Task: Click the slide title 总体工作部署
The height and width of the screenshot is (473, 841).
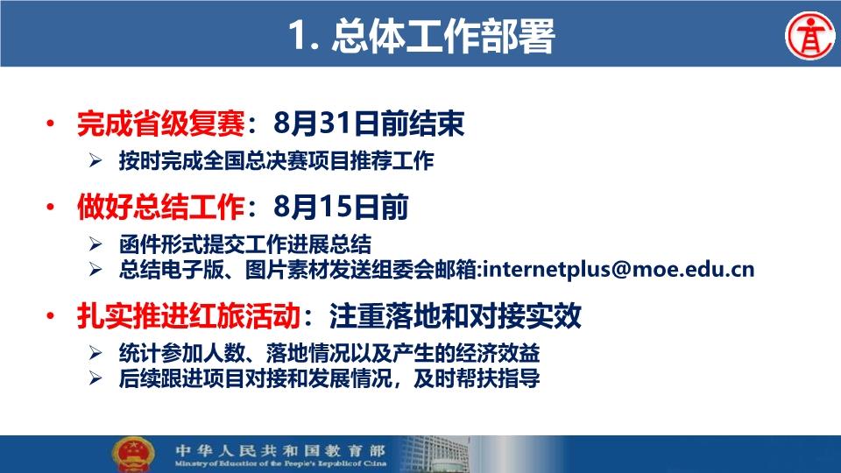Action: pos(442,37)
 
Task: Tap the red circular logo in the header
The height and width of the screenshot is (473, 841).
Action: pos(809,36)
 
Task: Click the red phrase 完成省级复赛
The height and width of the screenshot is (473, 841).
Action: pos(161,124)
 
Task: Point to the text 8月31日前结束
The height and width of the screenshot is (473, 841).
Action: pos(369,124)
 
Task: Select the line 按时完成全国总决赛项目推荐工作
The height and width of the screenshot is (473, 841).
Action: pos(276,161)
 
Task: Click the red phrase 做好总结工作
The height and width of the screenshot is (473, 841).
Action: pos(161,207)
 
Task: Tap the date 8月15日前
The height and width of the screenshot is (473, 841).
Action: pos(341,207)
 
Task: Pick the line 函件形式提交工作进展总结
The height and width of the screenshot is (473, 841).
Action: pos(245,244)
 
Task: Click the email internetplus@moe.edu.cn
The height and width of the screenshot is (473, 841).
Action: pos(618,269)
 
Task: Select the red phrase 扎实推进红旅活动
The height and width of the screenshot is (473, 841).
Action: pos(188,316)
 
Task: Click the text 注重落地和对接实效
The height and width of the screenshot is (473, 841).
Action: pos(456,316)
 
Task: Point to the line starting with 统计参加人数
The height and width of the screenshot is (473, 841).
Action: pos(329,353)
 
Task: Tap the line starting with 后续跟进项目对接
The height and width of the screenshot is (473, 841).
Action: pos(329,378)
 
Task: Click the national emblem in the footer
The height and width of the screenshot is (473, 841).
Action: pos(133,455)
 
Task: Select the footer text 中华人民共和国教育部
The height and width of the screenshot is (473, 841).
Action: pos(280,450)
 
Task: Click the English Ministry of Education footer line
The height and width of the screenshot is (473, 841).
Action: pos(280,464)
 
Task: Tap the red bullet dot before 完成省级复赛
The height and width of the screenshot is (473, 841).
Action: pos(51,124)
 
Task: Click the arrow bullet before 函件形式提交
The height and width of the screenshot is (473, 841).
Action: pos(95,244)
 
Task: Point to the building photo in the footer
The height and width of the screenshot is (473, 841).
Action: pos(435,455)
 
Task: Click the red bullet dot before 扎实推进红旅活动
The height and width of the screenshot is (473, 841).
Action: pos(51,316)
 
